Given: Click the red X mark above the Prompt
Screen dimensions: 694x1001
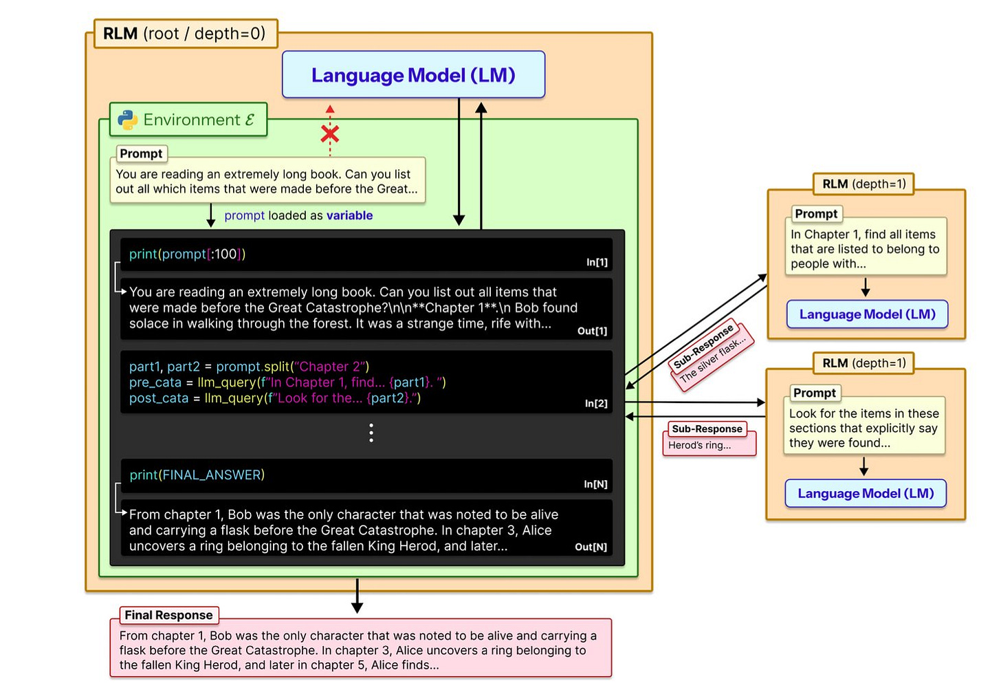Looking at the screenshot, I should click(330, 133).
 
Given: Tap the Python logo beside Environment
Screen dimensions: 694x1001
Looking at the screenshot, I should click(127, 120).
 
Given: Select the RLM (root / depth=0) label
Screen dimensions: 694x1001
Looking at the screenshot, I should click(184, 34).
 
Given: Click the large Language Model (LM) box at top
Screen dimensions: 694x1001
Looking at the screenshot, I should click(413, 75).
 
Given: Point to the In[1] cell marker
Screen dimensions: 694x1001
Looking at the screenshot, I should click(597, 262).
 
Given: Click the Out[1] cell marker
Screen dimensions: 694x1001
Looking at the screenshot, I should click(592, 331).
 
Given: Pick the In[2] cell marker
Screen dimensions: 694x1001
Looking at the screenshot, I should click(596, 403).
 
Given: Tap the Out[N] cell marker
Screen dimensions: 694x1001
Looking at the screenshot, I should click(591, 547).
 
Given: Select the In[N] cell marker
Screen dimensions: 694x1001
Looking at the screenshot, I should click(595, 484).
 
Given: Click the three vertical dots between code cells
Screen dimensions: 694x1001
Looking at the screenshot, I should click(371, 433).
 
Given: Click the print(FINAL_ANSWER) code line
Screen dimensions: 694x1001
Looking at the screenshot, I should click(197, 475).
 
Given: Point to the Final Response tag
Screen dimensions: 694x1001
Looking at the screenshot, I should click(168, 615).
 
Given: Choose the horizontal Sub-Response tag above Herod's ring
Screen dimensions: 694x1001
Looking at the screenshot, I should click(707, 429).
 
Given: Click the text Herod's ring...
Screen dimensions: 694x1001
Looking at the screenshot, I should click(699, 445).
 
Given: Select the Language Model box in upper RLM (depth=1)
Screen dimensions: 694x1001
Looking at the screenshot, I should click(867, 314).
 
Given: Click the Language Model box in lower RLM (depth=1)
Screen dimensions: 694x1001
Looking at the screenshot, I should click(866, 493).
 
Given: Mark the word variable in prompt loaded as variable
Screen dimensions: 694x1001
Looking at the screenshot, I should click(349, 215).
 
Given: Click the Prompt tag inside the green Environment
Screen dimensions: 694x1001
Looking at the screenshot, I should click(141, 153).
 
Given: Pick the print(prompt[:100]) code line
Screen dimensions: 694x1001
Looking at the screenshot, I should click(187, 254).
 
